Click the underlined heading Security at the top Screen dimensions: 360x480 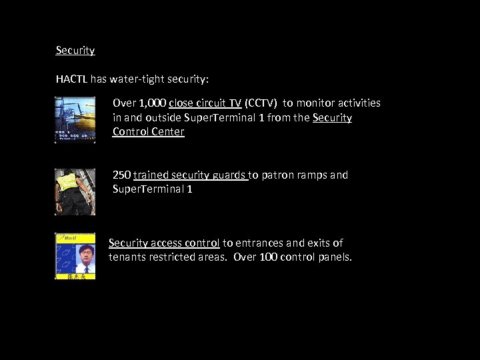click(x=75, y=51)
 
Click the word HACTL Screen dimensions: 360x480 click(x=71, y=79)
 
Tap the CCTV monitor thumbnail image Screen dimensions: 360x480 click(x=75, y=120)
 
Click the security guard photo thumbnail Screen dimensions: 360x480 click(x=75, y=192)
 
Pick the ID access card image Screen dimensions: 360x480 click(x=75, y=256)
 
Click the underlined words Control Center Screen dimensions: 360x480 click(x=148, y=131)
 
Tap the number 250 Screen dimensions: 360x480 click(x=121, y=175)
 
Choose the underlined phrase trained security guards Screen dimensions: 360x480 click(x=190, y=175)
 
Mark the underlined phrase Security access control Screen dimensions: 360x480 click(x=164, y=243)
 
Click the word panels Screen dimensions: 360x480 click(x=335, y=257)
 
